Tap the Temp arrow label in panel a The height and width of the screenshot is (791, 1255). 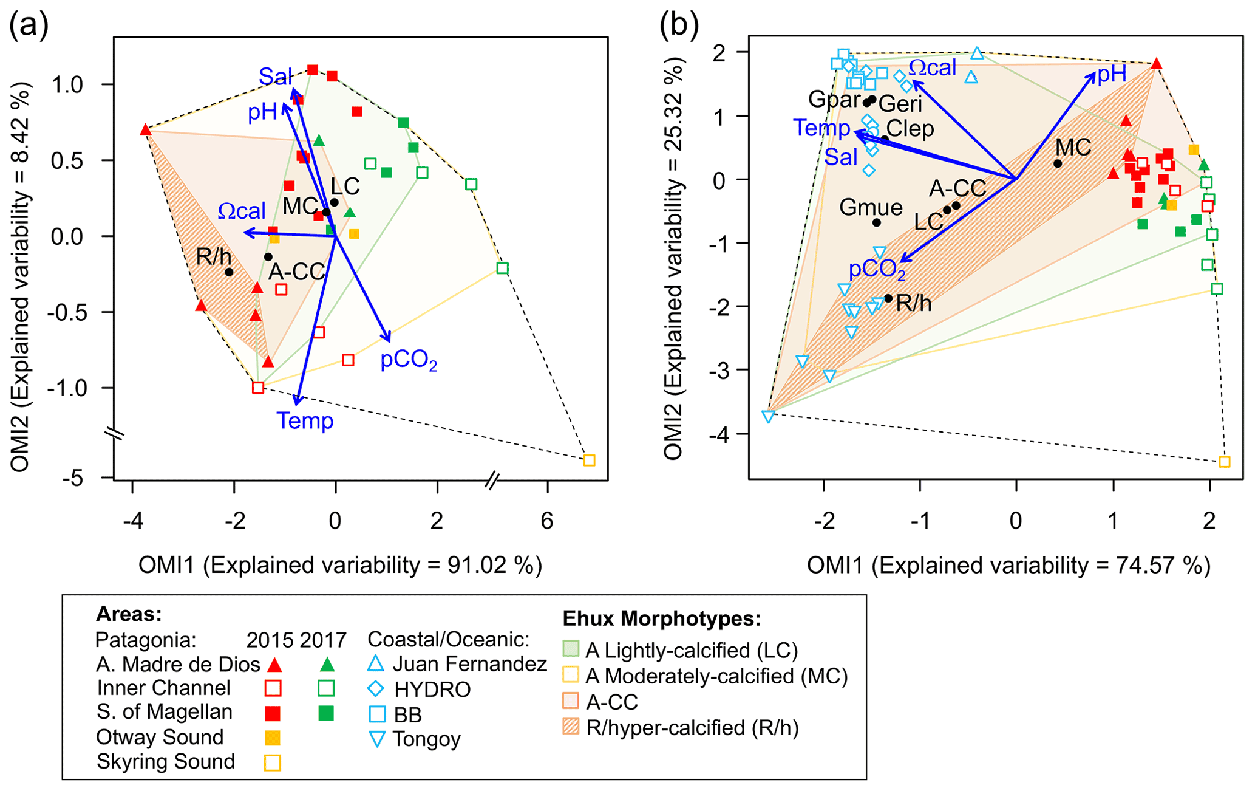coord(305,420)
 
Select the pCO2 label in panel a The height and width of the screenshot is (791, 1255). coord(408,360)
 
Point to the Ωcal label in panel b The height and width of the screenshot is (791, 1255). coord(933,67)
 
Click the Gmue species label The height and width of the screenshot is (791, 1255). coord(871,208)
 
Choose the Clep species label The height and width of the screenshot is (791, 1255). coord(910,129)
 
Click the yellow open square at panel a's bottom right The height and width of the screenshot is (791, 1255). coord(589,461)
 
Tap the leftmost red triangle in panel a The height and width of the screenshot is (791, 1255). coord(145,129)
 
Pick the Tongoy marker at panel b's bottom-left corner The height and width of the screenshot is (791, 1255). coord(768,416)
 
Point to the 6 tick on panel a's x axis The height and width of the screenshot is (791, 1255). coord(547,521)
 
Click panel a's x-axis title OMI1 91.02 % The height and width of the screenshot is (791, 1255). coord(340,565)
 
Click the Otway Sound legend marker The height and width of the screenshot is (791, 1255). coord(273,738)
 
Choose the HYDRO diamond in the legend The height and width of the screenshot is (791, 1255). coord(376,689)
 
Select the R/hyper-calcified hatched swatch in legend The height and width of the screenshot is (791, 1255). coord(571,727)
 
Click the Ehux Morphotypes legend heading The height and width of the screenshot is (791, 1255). coord(662,618)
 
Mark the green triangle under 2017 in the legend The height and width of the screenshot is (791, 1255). coord(327,664)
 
